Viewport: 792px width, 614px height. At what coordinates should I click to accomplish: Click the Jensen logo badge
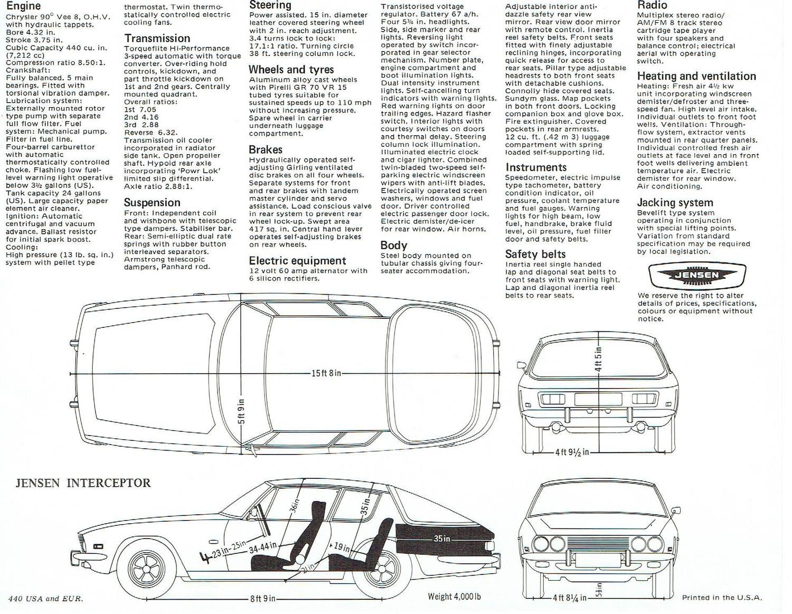click(x=697, y=275)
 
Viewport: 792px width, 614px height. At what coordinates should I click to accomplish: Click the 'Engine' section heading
click(x=23, y=6)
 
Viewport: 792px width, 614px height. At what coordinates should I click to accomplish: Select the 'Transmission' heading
click(x=157, y=39)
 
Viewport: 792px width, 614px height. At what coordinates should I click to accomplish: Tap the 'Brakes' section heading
click(x=265, y=149)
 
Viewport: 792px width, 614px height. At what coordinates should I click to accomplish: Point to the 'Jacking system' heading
click(x=674, y=203)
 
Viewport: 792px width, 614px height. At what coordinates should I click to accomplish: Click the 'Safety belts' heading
click(x=535, y=254)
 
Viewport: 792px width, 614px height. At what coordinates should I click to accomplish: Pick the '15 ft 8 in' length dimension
click(x=326, y=373)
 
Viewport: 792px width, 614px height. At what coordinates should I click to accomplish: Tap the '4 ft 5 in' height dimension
click(x=599, y=360)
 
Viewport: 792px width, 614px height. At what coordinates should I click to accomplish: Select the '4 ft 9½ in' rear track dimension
click(x=571, y=452)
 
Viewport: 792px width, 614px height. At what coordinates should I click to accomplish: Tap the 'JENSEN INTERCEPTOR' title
click(x=82, y=483)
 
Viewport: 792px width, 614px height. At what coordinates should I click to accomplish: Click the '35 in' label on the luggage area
click(x=441, y=539)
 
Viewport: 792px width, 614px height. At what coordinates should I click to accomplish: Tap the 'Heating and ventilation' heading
click(x=696, y=76)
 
